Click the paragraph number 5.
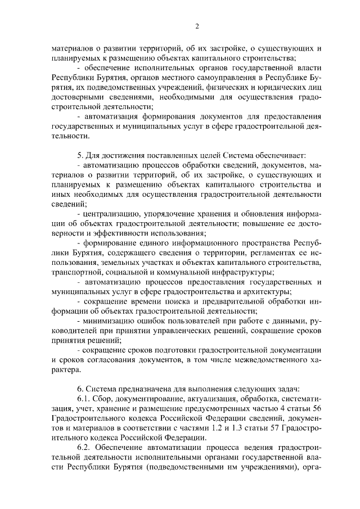tap(80, 154)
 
